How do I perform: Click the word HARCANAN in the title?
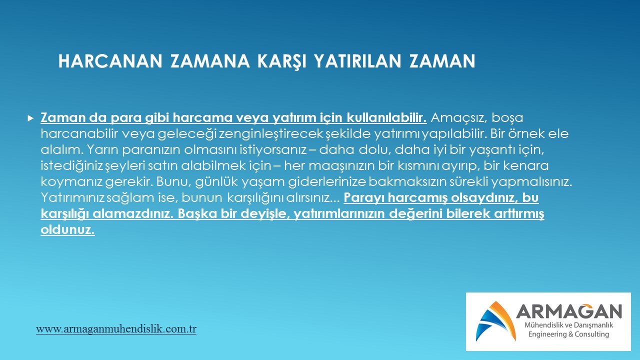pyautogui.click(x=110, y=61)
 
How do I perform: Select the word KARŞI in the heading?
pyautogui.click(x=281, y=61)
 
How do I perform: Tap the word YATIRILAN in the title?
pyautogui.click(x=357, y=61)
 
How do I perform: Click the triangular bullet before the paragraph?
pyautogui.click(x=30, y=118)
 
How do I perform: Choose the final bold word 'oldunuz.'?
pyautogui.click(x=67, y=229)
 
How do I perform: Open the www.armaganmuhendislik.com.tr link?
pyautogui.click(x=116, y=329)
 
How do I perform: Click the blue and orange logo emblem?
pyautogui.click(x=495, y=321)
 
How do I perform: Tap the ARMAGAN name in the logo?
pyautogui.click(x=569, y=311)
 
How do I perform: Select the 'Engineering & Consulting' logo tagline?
pyautogui.click(x=568, y=334)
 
